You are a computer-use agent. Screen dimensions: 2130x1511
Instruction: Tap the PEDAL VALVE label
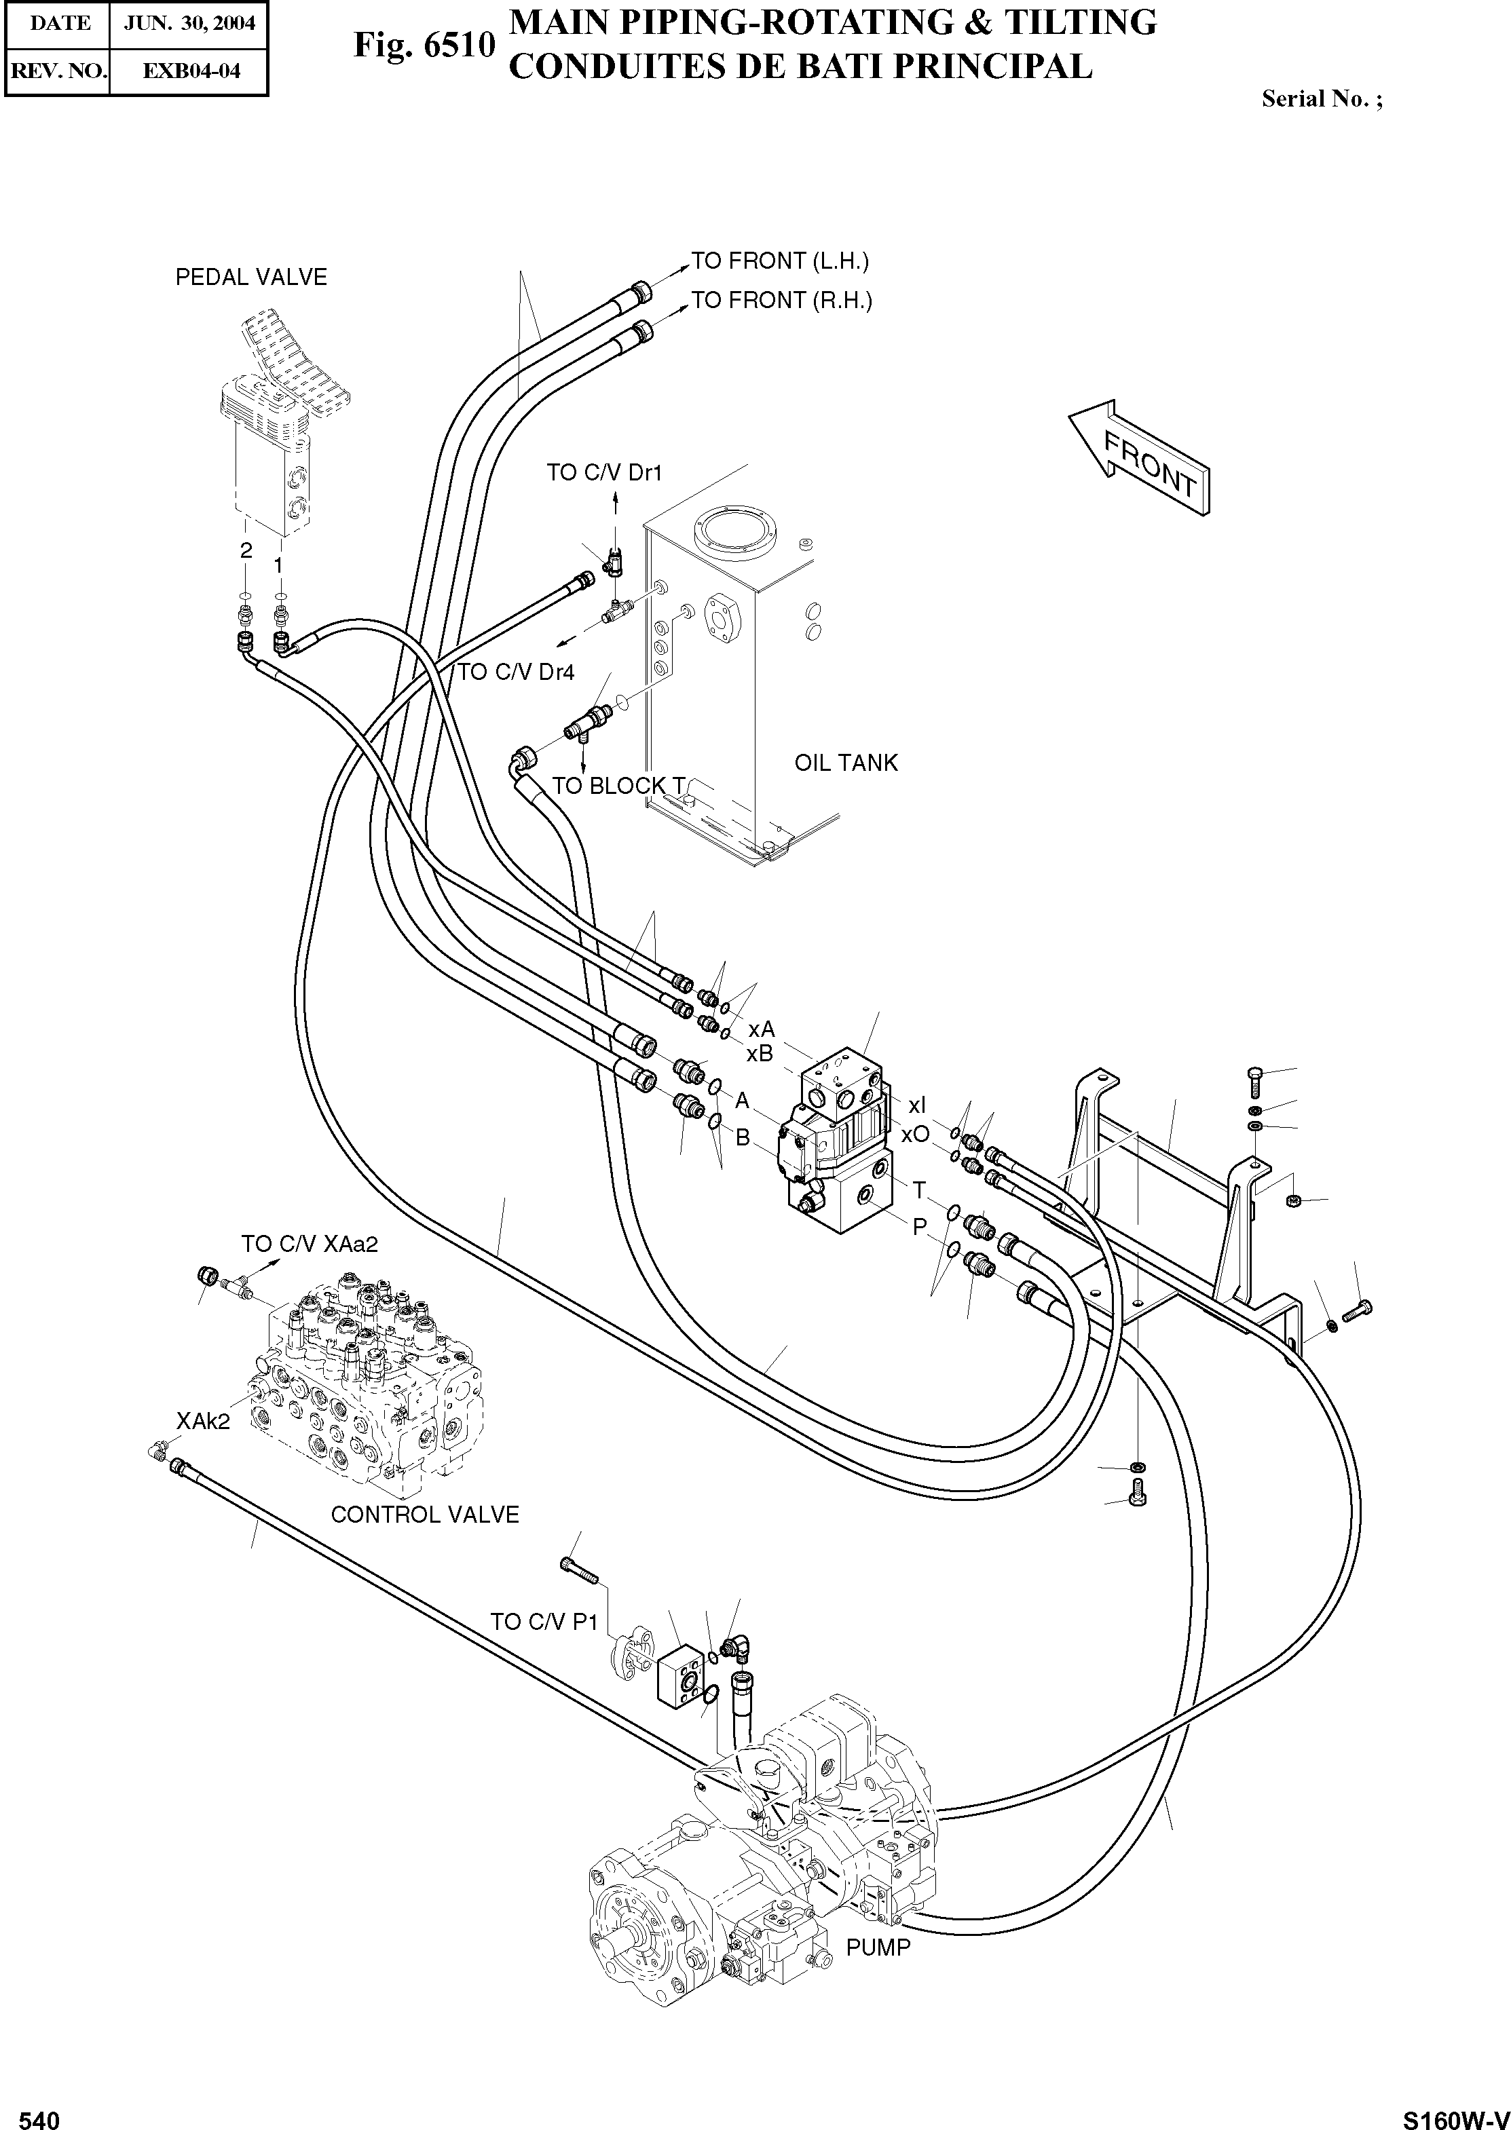251,277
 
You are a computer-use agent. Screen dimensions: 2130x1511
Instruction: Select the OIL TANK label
846,763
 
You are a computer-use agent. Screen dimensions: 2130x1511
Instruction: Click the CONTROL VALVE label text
424,1515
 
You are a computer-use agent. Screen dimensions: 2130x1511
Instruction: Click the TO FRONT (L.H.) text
780,261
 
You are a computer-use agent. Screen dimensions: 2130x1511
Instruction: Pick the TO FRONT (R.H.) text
781,301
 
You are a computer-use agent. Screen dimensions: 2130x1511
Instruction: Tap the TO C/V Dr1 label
604,472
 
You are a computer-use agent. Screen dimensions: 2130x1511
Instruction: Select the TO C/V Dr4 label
515,672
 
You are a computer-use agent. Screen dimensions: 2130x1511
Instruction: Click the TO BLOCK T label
618,785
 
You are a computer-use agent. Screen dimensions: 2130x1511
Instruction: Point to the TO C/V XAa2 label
310,1244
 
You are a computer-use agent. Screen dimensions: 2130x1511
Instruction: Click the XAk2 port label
203,1420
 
